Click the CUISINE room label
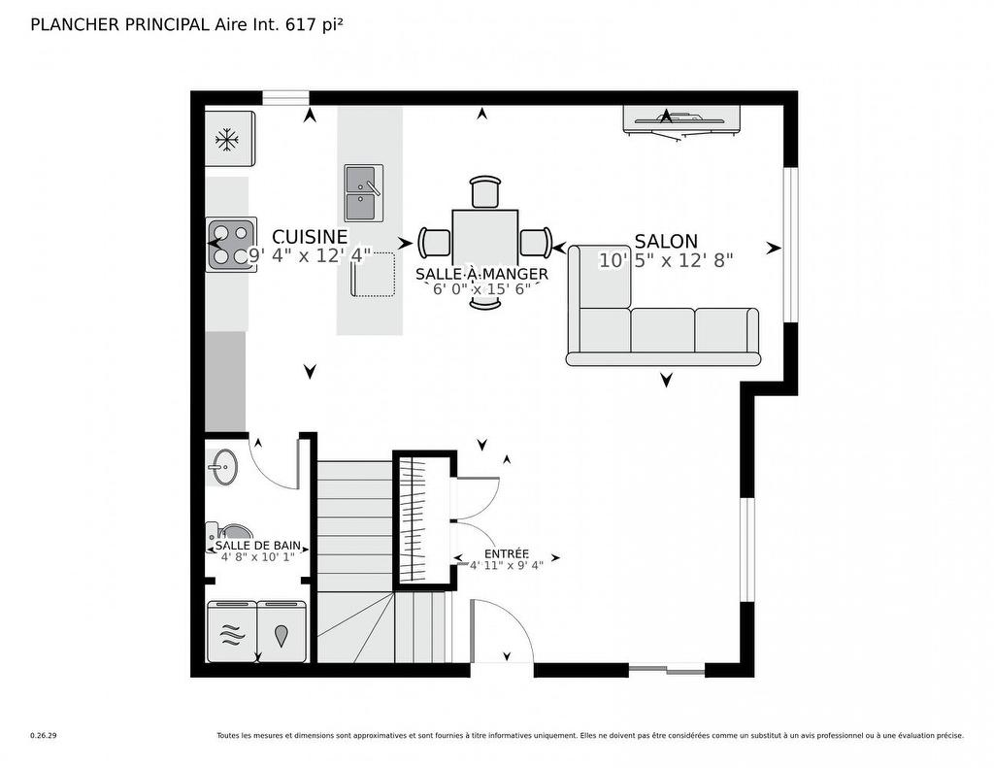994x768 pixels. coord(310,237)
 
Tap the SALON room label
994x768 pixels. coord(666,242)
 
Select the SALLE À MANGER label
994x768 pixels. coord(481,275)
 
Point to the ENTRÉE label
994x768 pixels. coord(507,552)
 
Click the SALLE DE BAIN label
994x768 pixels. coord(258,547)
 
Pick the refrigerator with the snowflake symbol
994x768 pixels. coord(229,139)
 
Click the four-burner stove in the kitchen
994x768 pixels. coord(231,245)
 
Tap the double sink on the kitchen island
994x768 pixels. coord(363,192)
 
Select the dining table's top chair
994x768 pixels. coord(485,192)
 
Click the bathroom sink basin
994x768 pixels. coord(222,467)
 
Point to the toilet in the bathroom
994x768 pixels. coord(228,532)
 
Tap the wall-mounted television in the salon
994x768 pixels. coord(681,120)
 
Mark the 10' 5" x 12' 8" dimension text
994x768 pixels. coord(666,260)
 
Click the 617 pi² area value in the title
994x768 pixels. coord(314,25)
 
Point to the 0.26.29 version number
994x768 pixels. coord(44,736)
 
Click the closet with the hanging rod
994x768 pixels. coord(424,519)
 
